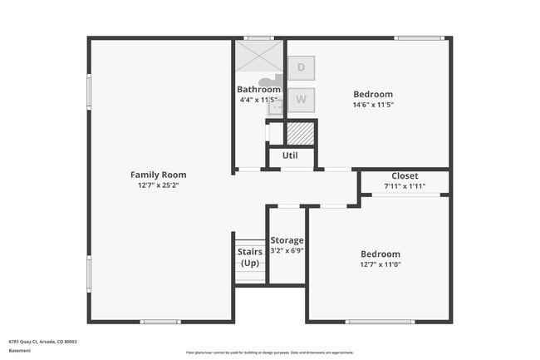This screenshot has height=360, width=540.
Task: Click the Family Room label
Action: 158,175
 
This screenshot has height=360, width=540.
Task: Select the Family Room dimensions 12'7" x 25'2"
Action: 158,185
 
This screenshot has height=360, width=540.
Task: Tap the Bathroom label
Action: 258,89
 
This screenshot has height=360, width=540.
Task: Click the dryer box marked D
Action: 301,67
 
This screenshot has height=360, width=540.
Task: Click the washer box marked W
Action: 301,100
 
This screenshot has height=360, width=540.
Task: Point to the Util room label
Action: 290,155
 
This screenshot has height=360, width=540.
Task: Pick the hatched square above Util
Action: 299,132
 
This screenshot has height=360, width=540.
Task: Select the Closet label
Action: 405,175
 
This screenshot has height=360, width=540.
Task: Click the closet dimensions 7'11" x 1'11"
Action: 405,186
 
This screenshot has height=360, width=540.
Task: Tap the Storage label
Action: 287,240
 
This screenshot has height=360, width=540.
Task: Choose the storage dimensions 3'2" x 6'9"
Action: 287,250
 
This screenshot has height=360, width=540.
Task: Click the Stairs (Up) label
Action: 250,257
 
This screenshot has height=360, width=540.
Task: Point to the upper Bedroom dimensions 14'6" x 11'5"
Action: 372,106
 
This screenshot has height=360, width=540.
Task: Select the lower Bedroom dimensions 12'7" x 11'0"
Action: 380,264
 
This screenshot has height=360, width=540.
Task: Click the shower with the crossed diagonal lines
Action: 259,56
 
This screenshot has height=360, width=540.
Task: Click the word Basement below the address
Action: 20,350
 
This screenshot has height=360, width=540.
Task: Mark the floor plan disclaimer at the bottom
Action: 270,353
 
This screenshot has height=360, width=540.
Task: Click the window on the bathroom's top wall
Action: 259,37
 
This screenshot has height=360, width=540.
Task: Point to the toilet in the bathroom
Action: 270,82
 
